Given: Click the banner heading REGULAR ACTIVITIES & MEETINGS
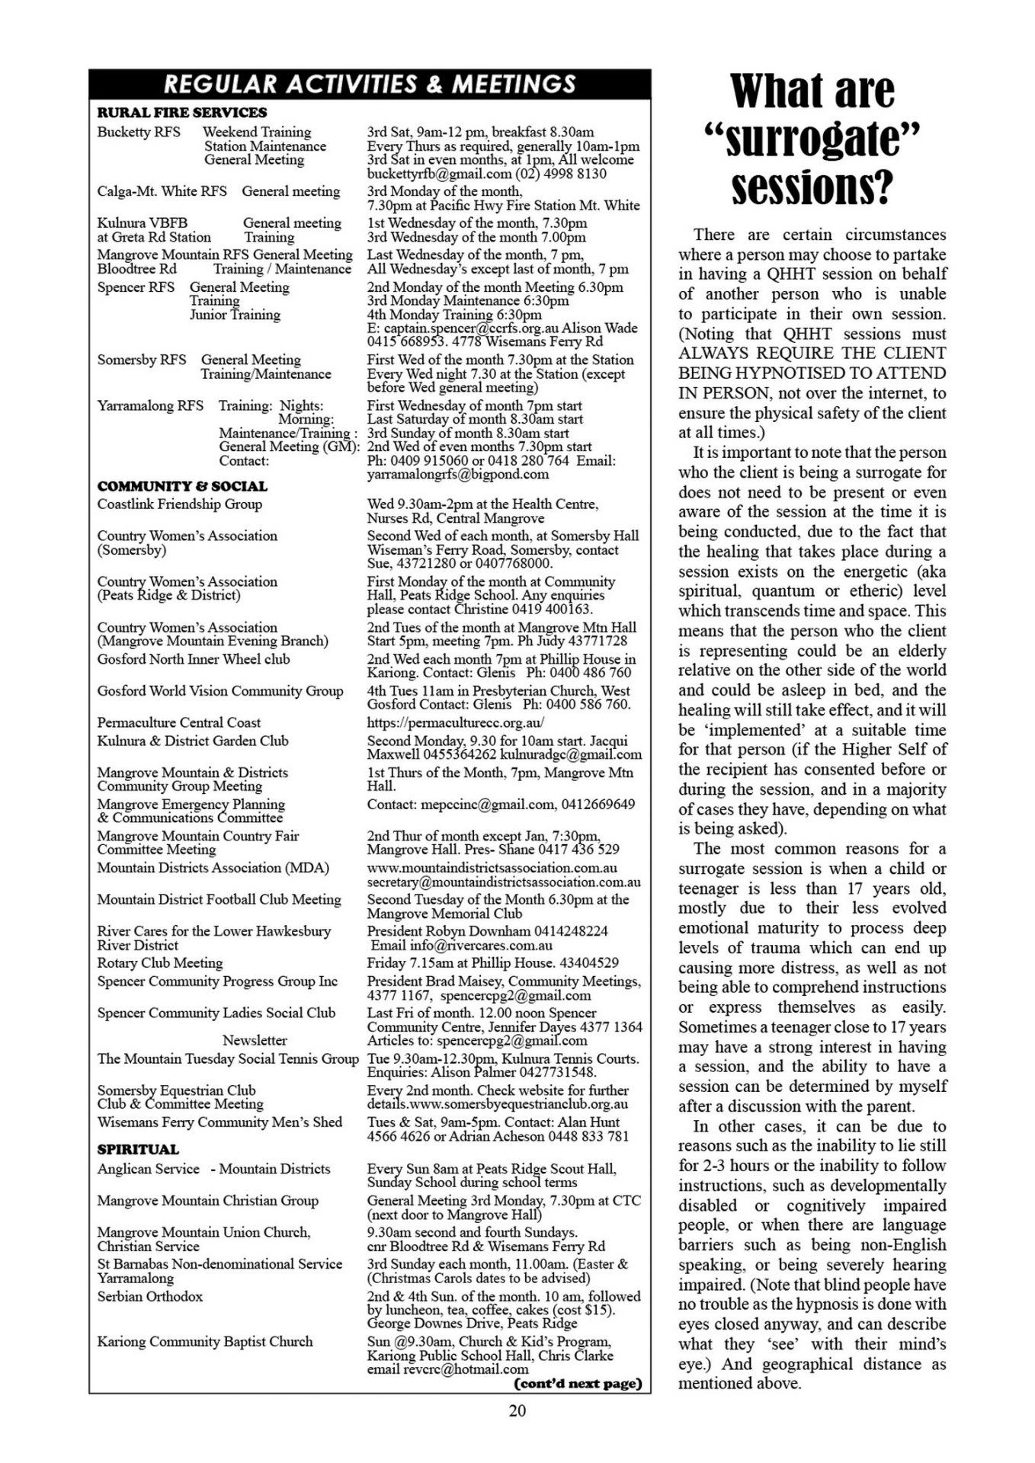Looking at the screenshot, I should click(x=370, y=83).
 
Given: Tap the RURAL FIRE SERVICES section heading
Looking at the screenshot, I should click(x=182, y=112).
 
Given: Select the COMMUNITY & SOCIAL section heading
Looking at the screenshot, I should click(x=182, y=486).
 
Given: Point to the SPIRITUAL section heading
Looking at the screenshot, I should click(x=138, y=1149).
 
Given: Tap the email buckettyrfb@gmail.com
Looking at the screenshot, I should click(x=437, y=174).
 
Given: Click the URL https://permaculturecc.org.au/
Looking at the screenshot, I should click(x=456, y=722).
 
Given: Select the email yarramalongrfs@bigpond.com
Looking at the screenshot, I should click(x=457, y=474).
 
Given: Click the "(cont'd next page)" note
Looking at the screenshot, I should click(x=578, y=1383).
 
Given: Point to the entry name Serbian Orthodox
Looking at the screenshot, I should click(x=149, y=1296).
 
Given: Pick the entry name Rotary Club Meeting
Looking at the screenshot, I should click(x=160, y=962).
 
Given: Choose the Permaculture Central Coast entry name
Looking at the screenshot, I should click(x=178, y=722).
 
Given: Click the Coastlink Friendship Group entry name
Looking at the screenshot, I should click(x=179, y=504).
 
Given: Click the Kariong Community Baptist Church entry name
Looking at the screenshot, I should click(x=204, y=1341).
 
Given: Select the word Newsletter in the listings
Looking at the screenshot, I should click(x=255, y=1040).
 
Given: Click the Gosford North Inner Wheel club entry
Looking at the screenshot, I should click(x=194, y=659).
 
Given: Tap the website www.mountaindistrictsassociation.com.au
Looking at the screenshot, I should click(x=492, y=867).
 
